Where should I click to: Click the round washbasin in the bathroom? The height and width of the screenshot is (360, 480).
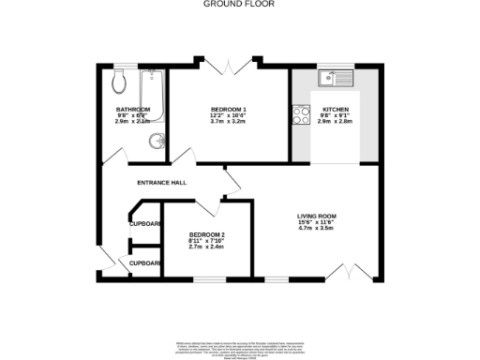(x=157, y=142)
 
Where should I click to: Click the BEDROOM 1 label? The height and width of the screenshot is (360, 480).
(x=229, y=109)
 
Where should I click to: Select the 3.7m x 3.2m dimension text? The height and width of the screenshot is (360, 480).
(x=229, y=122)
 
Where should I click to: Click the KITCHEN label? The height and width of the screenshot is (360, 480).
(x=336, y=109)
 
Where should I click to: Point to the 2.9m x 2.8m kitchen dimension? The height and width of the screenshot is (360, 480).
(x=336, y=122)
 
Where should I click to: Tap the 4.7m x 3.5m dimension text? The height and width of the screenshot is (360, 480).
(x=317, y=227)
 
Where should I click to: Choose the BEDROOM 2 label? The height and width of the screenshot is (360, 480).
(x=206, y=234)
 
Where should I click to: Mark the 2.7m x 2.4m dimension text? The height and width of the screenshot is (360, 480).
(x=206, y=247)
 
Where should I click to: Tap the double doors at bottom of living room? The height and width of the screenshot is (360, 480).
(x=349, y=272)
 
